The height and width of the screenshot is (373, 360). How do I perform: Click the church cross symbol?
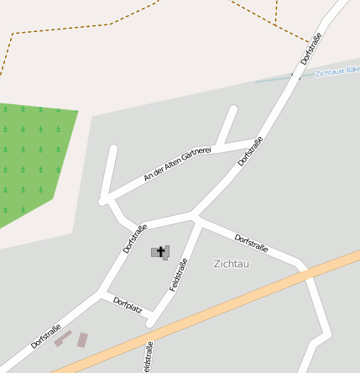[160, 250]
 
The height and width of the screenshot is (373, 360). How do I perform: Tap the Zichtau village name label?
[232, 264]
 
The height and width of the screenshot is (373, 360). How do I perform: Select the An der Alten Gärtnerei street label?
[177, 163]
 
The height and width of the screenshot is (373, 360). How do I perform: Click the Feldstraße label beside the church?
[178, 275]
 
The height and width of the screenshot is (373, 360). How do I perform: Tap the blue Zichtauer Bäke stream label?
[337, 71]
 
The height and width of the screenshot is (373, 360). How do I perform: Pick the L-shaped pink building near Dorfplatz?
[63, 338]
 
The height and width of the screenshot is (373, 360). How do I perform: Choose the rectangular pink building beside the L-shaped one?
[82, 339]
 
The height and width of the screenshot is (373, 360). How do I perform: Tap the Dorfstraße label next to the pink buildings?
[45, 336]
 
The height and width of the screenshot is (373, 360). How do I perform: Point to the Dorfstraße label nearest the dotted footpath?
[310, 49]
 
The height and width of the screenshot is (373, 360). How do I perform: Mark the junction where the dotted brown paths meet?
[276, 22]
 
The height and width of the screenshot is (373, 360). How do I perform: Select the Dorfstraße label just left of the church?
[134, 238]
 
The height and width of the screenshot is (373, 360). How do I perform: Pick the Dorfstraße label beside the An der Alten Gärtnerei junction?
[249, 151]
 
